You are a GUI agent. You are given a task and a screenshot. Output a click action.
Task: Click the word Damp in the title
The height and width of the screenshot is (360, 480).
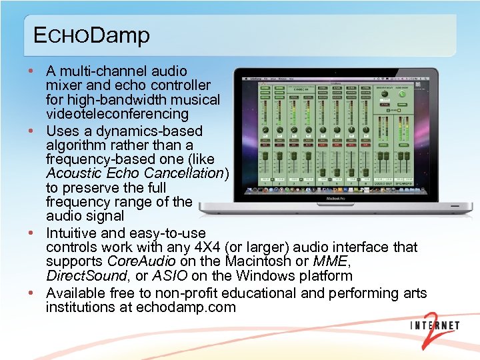120,35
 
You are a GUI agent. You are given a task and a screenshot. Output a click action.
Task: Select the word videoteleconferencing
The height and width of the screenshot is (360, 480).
117,115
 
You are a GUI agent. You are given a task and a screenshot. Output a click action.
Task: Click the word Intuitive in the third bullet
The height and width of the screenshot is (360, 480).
71,233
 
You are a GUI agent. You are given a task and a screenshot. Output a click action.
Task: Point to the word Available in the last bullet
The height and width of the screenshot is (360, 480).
75,293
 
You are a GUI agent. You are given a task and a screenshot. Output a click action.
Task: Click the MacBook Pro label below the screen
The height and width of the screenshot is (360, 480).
337,199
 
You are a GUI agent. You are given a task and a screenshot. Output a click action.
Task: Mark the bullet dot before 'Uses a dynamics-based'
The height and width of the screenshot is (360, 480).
32,131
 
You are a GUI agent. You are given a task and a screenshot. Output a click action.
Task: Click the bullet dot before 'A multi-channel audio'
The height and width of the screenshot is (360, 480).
32,71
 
